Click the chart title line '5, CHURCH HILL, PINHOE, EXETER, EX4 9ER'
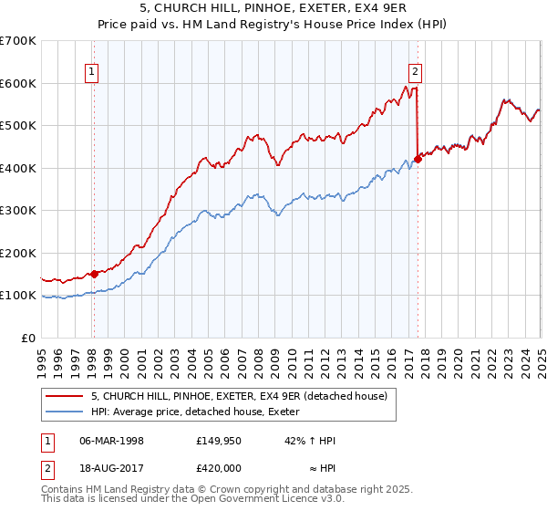(273, 9)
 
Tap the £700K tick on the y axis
(18, 41)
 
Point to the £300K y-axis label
(18, 211)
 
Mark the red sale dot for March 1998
(94, 274)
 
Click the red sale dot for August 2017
(418, 159)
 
